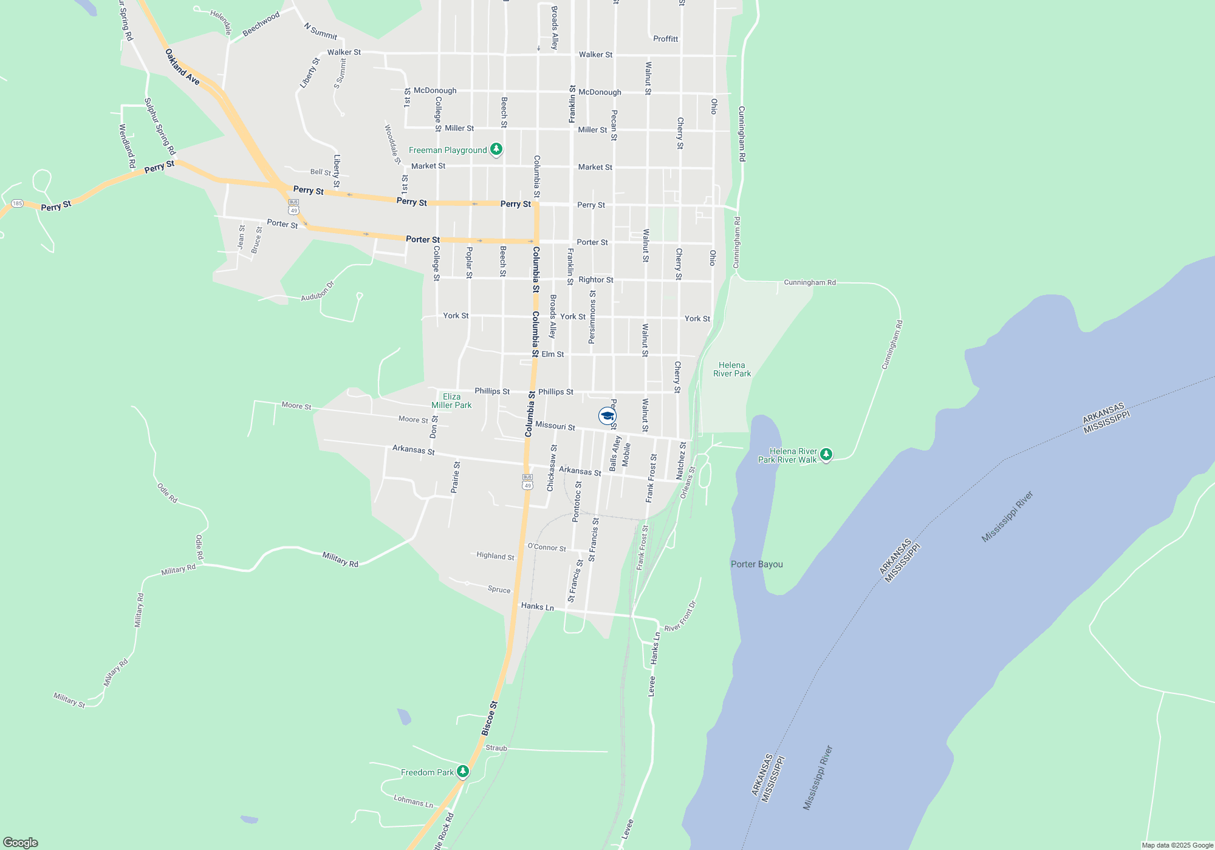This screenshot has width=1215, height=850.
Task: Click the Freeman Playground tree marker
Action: (496, 149)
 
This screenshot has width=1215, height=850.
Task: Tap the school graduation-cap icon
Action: (607, 416)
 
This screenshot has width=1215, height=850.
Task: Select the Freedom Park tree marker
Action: (463, 772)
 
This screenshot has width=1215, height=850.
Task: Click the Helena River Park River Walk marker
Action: (826, 455)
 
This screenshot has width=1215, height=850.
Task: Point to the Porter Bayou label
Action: (756, 564)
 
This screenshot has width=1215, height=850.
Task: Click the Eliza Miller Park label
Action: (451, 401)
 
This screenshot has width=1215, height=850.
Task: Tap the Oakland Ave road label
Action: (182, 67)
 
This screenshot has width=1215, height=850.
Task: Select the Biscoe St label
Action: (490, 718)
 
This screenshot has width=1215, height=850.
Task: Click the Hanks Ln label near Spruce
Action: (537, 606)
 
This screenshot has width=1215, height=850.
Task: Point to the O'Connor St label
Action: (547, 547)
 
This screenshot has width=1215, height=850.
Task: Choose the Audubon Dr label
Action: (318, 291)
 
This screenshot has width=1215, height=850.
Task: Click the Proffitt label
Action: (665, 39)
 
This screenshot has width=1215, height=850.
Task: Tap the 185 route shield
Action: (17, 203)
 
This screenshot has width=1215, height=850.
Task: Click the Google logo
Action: (20, 842)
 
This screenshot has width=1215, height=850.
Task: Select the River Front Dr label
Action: (680, 617)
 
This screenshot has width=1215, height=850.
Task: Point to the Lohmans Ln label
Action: (413, 801)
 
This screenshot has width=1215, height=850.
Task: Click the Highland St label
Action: (495, 556)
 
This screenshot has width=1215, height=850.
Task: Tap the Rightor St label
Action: (595, 280)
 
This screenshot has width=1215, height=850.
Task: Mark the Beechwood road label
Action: (261, 24)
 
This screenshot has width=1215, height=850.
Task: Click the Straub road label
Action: (496, 748)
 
